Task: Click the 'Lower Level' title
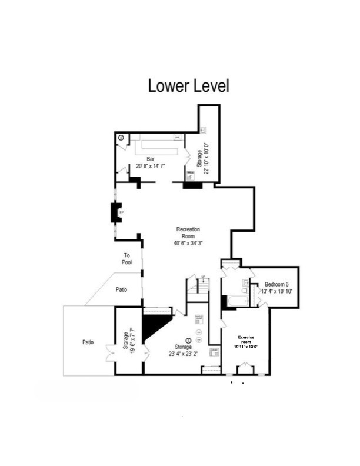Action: click(x=188, y=86)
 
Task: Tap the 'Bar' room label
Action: click(x=150, y=159)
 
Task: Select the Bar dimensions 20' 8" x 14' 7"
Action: click(x=150, y=167)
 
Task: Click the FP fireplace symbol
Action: click(x=118, y=212)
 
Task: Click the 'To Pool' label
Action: click(x=126, y=258)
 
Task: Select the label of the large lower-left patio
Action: click(x=89, y=341)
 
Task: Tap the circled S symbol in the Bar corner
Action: click(x=121, y=138)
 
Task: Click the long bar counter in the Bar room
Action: click(x=155, y=144)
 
